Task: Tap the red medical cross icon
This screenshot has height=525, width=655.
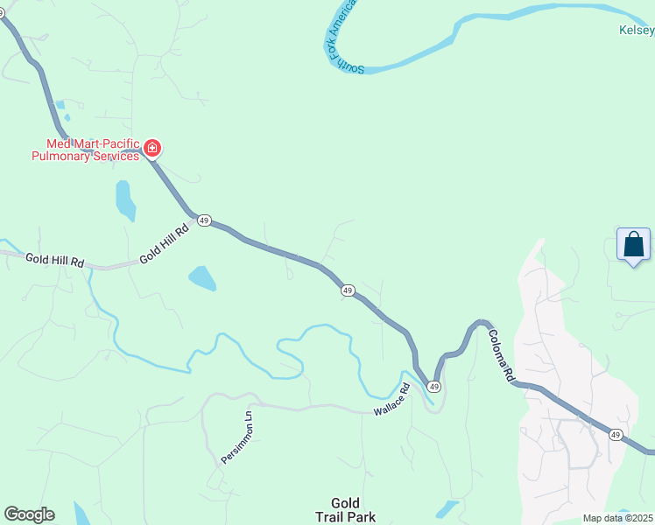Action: pos(152,149)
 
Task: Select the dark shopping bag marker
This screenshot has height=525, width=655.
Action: pos(633,245)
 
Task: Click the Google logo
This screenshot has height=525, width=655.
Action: pos(29,514)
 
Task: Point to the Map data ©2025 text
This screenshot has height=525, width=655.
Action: pos(618,518)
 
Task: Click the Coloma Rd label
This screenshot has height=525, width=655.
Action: pos(501,353)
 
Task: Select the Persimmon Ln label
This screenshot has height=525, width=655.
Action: pos(236,437)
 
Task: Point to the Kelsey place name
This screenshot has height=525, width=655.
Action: pos(637,30)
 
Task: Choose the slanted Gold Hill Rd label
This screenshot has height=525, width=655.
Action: pos(165,246)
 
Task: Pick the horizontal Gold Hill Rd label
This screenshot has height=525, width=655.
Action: pos(54,260)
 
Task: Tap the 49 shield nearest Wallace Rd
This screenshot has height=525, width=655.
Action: pos(433,386)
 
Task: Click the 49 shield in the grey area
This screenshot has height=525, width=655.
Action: pos(616,435)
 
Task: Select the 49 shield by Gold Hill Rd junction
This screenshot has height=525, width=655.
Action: pos(204,220)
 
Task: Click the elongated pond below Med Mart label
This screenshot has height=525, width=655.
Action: pos(126,200)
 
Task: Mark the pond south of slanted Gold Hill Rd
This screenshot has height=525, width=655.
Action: pos(202,279)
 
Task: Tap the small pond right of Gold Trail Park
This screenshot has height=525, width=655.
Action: pos(447,507)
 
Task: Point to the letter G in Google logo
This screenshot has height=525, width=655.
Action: pos(11,514)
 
